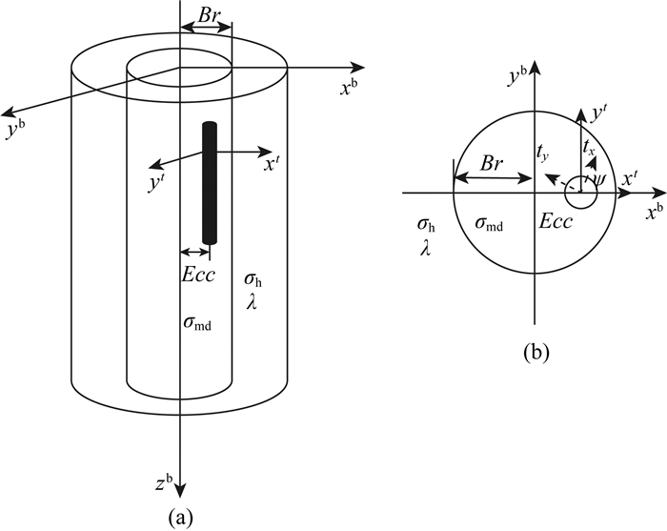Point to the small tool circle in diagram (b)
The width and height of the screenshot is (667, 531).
click(x=582, y=192)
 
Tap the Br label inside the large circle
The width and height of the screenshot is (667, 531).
click(x=492, y=164)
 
